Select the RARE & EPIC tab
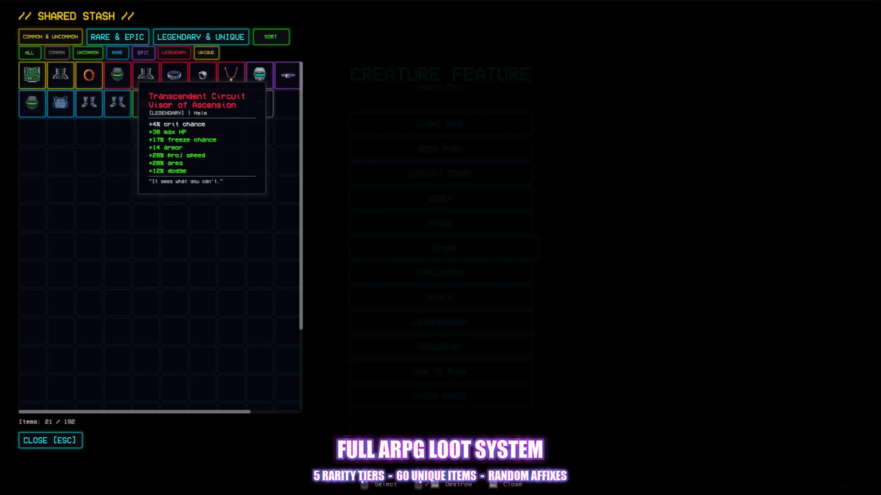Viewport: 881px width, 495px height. tap(117, 37)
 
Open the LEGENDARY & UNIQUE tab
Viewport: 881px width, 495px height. tap(201, 37)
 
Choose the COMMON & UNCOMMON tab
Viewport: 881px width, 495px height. tap(50, 37)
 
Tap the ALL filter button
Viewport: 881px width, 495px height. tap(29, 53)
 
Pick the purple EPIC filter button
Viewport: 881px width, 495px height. tap(143, 53)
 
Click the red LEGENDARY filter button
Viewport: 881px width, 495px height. tap(174, 53)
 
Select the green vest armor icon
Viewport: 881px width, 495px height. tap(32, 75)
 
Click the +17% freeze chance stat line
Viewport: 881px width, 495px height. tap(182, 140)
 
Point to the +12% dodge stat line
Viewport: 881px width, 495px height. tap(167, 171)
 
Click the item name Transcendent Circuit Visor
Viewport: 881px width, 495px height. tap(197, 100)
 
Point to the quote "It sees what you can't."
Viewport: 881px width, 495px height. tap(186, 181)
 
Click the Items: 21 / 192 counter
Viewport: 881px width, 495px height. tap(47, 422)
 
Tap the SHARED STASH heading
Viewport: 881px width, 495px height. tap(76, 16)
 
